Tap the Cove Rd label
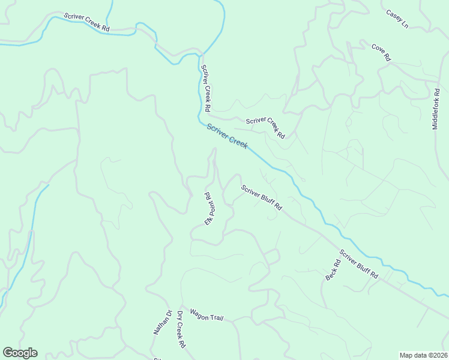(381, 52)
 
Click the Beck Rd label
(333, 271)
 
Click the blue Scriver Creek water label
(228, 136)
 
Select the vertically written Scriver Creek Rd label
(205, 88)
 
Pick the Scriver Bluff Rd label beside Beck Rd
(359, 264)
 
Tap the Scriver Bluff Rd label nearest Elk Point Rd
(262, 197)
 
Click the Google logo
(20, 353)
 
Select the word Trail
(217, 317)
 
